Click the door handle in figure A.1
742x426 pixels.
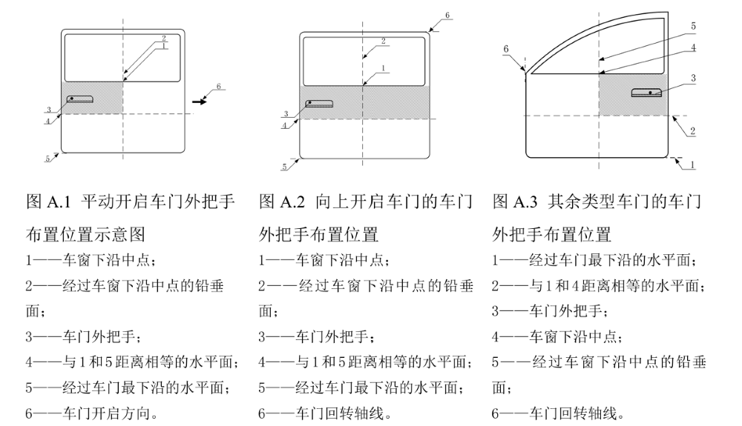(79, 99)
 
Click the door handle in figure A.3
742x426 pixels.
(648, 92)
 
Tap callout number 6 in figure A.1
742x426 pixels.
(219, 86)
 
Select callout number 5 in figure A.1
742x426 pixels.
(47, 158)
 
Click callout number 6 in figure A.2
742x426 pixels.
(447, 15)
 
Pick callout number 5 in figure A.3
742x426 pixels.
(693, 25)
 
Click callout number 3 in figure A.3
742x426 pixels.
(693, 77)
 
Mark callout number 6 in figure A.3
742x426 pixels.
(506, 48)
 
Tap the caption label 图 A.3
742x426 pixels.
(516, 202)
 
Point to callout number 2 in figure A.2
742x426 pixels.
(383, 41)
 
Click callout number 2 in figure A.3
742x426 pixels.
(692, 130)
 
